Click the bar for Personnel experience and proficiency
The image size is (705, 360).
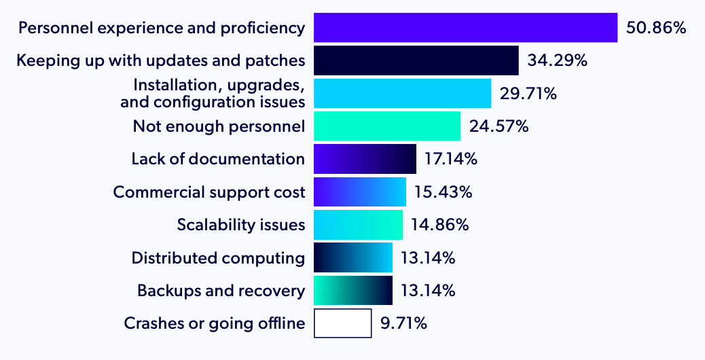[465, 28]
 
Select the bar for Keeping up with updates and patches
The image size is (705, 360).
[416, 60]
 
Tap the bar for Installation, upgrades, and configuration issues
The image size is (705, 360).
[402, 93]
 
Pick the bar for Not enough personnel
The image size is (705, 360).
[387, 126]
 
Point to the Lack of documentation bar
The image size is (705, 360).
[365, 159]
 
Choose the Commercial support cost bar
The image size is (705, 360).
[359, 192]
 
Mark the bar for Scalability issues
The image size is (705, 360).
[358, 225]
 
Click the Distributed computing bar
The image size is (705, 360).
[353, 258]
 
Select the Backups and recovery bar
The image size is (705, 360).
[353, 291]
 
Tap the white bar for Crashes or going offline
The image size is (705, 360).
[342, 323]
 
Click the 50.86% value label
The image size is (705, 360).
[656, 29]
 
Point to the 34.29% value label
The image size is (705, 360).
[557, 61]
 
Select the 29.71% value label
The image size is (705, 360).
[528, 94]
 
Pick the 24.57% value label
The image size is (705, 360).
[499, 126]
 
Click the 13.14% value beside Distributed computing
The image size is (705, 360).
[428, 258]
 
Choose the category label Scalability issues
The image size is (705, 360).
[241, 225]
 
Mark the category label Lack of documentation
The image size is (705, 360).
[218, 159]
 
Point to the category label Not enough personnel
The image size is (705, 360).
[219, 126]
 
